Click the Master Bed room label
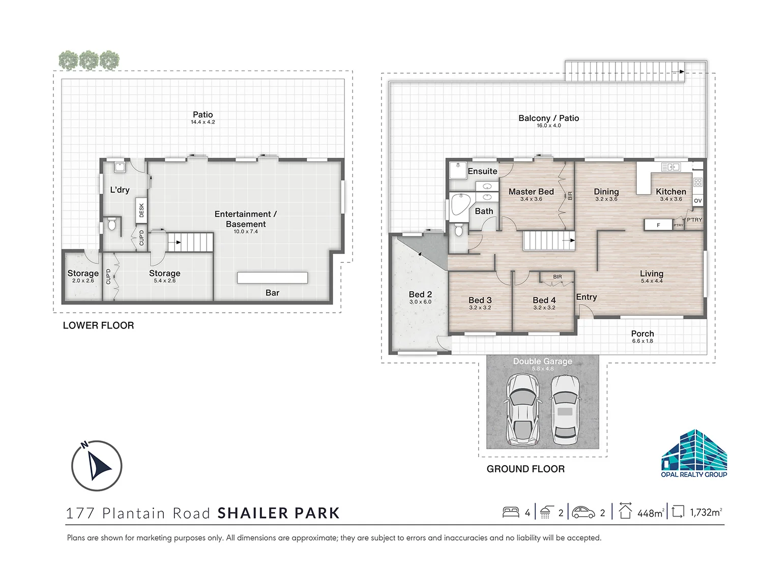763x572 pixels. (531, 192)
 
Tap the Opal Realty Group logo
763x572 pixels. (693, 454)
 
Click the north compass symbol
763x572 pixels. (97, 465)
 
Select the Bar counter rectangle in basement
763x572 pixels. (272, 278)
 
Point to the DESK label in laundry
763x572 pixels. (141, 210)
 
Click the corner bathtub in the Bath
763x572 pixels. (460, 207)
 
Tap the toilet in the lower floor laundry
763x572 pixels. (111, 224)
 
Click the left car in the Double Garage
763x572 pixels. (522, 409)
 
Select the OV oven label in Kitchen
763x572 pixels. (698, 201)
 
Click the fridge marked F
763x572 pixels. (658, 225)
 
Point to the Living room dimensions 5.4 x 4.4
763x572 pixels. (652, 281)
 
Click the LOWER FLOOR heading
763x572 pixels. (98, 325)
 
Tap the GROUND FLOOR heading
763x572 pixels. (525, 469)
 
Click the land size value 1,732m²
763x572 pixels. (706, 513)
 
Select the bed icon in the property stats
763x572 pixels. (511, 513)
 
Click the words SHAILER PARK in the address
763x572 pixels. (278, 513)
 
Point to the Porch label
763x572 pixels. (642, 334)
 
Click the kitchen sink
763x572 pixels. (670, 167)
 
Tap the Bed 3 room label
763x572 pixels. (480, 300)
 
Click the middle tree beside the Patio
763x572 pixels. (89, 61)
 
